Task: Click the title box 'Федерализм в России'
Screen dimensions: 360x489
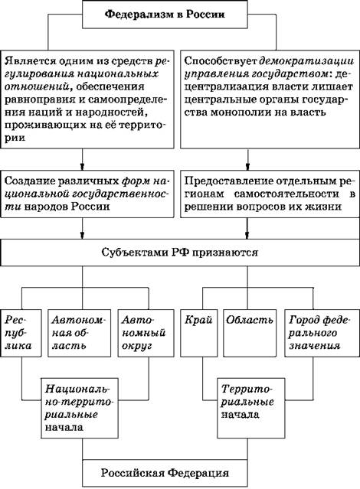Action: coord(165,15)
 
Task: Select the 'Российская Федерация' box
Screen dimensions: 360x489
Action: coord(165,473)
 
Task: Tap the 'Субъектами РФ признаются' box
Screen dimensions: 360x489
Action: coord(180,253)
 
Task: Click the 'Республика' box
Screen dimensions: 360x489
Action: coord(21,333)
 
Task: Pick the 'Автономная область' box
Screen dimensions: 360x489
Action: coord(80,333)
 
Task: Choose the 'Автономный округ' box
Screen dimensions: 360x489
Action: coord(146,333)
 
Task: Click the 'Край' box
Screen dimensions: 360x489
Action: coord(199,333)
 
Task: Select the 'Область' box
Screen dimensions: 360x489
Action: coord(250,333)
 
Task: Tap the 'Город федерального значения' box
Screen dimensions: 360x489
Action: coord(322,333)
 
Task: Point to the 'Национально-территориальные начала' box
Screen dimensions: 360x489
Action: coord(80,408)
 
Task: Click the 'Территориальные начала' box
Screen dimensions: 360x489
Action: coord(251,408)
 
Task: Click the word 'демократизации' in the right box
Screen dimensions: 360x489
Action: coord(306,60)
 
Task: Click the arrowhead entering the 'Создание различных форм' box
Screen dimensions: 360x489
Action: coord(83,166)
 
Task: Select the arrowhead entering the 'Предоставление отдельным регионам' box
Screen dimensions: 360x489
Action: coord(248,166)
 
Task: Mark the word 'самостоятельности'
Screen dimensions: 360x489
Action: coord(286,194)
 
